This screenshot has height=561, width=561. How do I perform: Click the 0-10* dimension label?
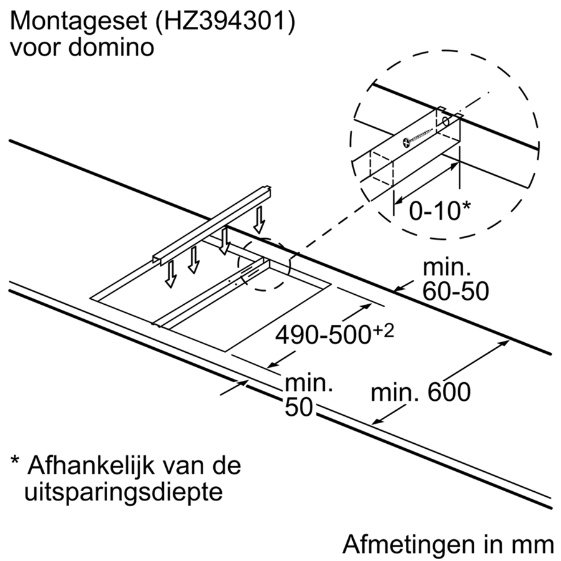point(436,211)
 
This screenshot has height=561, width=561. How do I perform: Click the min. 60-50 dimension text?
point(456,280)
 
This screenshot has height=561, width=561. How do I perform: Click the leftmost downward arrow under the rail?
point(168,274)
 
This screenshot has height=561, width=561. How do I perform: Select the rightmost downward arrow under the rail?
point(259,219)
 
